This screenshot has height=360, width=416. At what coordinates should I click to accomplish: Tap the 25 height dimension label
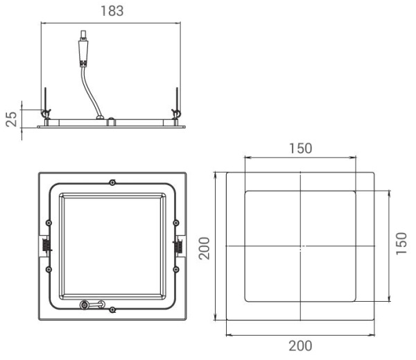pyautogui.click(x=11, y=119)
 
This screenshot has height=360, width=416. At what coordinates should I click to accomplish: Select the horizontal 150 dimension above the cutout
pyautogui.click(x=300, y=148)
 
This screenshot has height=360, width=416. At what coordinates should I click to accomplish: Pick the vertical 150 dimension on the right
pyautogui.click(x=401, y=243)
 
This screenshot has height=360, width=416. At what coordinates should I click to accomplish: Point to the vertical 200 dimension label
pyautogui.click(x=205, y=247)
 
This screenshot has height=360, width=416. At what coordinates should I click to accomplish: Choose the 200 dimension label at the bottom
pyautogui.click(x=300, y=345)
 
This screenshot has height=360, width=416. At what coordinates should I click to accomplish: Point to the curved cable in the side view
pyautogui.click(x=89, y=87)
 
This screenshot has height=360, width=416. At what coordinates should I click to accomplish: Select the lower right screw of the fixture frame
pyautogui.click(x=177, y=268)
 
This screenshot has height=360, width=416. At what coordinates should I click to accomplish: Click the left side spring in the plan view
pyautogui.click(x=44, y=245)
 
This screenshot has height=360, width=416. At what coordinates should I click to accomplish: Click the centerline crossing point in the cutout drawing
pyautogui.click(x=300, y=246)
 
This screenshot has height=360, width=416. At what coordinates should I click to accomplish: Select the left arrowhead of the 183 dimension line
pyautogui.click(x=44, y=23)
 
